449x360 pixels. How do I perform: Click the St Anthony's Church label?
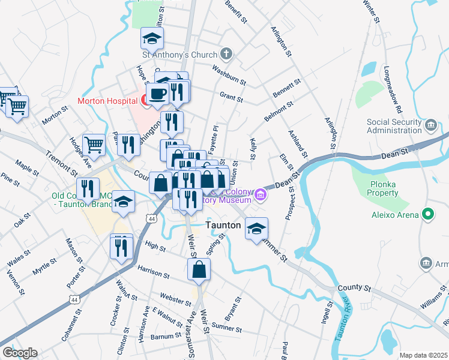[x=179, y=55]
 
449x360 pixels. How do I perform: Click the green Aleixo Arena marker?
[x=428, y=214]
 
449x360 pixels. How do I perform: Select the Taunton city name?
[x=223, y=226]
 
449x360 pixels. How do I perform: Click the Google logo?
[x=20, y=353]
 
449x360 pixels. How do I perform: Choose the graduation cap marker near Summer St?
[x=256, y=229]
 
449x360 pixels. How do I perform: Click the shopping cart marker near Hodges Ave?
[x=94, y=145]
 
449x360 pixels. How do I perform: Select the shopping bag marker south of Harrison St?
[x=199, y=270]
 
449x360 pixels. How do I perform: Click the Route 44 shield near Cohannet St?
[x=74, y=299]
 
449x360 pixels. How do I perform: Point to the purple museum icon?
[x=261, y=194]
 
